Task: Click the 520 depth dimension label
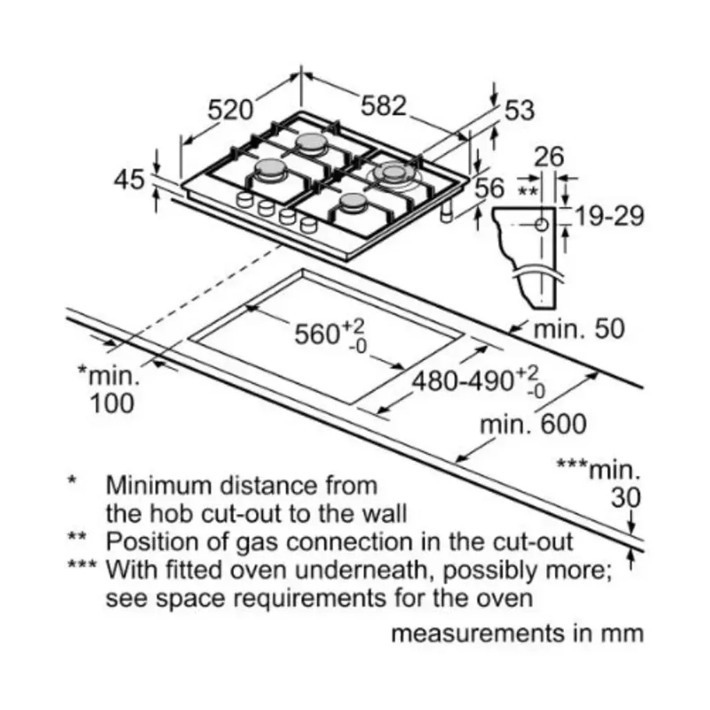[230, 110]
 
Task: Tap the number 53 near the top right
[520, 110]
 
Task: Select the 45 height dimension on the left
[129, 179]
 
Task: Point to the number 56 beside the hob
[489, 188]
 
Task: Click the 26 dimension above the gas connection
[549, 156]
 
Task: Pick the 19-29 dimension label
[608, 216]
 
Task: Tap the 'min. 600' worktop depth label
[533, 425]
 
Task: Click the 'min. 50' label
[579, 329]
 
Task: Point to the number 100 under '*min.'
[112, 403]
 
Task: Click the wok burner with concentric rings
[392, 174]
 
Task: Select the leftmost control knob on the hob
[244, 199]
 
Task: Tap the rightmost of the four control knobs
[309, 225]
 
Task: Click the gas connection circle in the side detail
[541, 224]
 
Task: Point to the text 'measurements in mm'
[517, 633]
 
